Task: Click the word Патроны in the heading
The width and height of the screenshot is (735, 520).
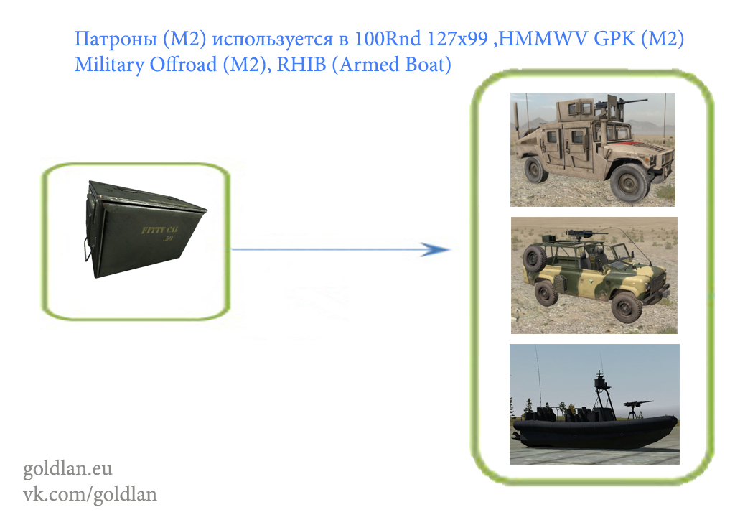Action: coord(116,39)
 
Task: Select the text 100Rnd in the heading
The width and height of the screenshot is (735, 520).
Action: coord(388,38)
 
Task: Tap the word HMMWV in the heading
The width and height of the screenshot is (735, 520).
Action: coord(543,38)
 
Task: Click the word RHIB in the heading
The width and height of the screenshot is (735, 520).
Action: coord(301,64)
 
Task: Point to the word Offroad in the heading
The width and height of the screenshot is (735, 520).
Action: coord(183,64)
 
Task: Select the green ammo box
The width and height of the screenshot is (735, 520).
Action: coord(144,229)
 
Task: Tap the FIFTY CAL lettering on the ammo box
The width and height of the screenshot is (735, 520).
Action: coord(160,233)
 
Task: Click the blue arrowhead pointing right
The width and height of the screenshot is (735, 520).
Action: coord(436,249)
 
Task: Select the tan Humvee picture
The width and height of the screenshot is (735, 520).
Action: coord(592,149)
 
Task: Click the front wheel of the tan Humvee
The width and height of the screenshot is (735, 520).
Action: coord(629,183)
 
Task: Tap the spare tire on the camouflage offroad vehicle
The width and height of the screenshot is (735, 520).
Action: coord(534,259)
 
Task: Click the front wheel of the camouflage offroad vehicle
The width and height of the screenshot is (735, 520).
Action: coord(626,307)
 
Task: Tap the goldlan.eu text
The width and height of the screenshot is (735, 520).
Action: coord(67,468)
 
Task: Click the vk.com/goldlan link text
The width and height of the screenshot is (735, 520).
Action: coord(90,494)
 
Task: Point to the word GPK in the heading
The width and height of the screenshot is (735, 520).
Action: coord(614,38)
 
